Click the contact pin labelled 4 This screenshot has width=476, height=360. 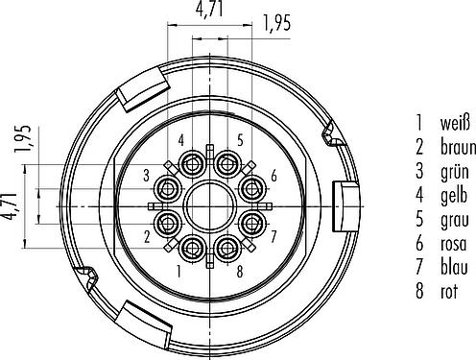193,164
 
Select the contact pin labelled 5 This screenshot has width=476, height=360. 227,164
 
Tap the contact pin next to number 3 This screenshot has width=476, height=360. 168,189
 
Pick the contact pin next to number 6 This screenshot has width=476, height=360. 252,189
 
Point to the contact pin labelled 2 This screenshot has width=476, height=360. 168,223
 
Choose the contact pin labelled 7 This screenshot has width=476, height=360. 252,223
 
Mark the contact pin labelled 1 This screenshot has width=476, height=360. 193,249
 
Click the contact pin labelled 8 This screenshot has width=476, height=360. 227,249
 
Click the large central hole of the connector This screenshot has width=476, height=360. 210,206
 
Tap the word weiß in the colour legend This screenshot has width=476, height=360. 455,123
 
